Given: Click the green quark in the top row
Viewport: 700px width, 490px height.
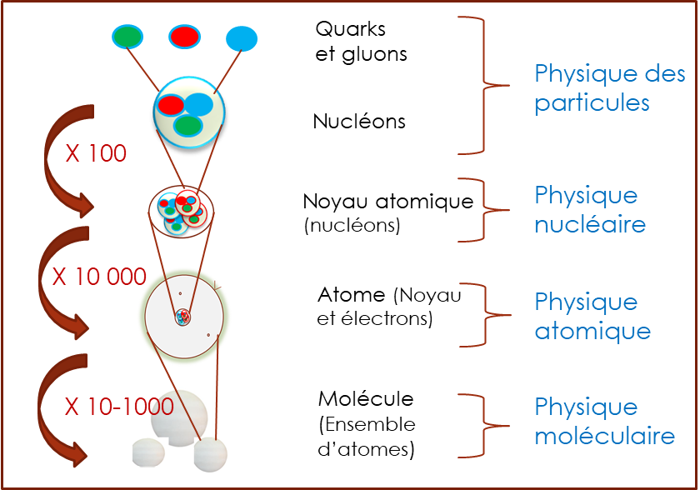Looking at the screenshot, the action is (x=127, y=37).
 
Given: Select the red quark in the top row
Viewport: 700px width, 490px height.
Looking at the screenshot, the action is (x=184, y=37).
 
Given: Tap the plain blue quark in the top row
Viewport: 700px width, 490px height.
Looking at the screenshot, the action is (x=242, y=38).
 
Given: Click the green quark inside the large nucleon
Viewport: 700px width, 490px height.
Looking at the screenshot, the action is (x=188, y=126).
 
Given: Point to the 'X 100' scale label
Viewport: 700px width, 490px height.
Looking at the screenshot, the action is (x=96, y=153).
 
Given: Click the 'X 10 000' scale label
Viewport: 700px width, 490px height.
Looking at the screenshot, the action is (x=99, y=277).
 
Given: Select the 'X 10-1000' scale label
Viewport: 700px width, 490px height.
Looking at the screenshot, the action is (x=119, y=406).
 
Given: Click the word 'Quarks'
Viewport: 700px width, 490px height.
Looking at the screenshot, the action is (x=351, y=29).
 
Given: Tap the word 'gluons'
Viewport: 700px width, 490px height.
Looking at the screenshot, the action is (x=374, y=55).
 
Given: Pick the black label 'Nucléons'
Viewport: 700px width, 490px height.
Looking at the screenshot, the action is (x=359, y=122).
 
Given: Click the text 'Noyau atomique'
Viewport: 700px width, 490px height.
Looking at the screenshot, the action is (x=388, y=202).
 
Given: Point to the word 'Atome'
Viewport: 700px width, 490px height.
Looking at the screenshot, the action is (x=352, y=295).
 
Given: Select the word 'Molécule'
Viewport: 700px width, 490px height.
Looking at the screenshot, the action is (x=366, y=399).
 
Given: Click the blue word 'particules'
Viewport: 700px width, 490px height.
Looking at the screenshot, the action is (x=592, y=103).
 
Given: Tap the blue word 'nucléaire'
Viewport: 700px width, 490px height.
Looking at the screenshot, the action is (x=590, y=224).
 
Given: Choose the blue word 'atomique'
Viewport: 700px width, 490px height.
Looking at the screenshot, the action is (x=592, y=332).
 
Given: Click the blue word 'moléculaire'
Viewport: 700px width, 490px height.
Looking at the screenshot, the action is (x=605, y=436).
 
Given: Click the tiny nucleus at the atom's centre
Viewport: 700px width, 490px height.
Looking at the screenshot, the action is (x=182, y=317).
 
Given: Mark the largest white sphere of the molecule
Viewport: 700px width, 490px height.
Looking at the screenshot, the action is (x=179, y=418).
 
